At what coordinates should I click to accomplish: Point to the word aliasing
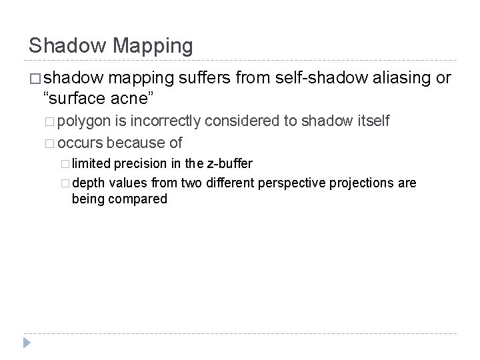[x=397, y=79]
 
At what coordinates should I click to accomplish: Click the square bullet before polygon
[x=51, y=121]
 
